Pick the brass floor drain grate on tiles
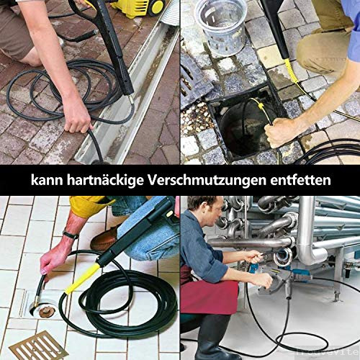click(37, 346)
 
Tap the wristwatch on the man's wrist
click(70, 235)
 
